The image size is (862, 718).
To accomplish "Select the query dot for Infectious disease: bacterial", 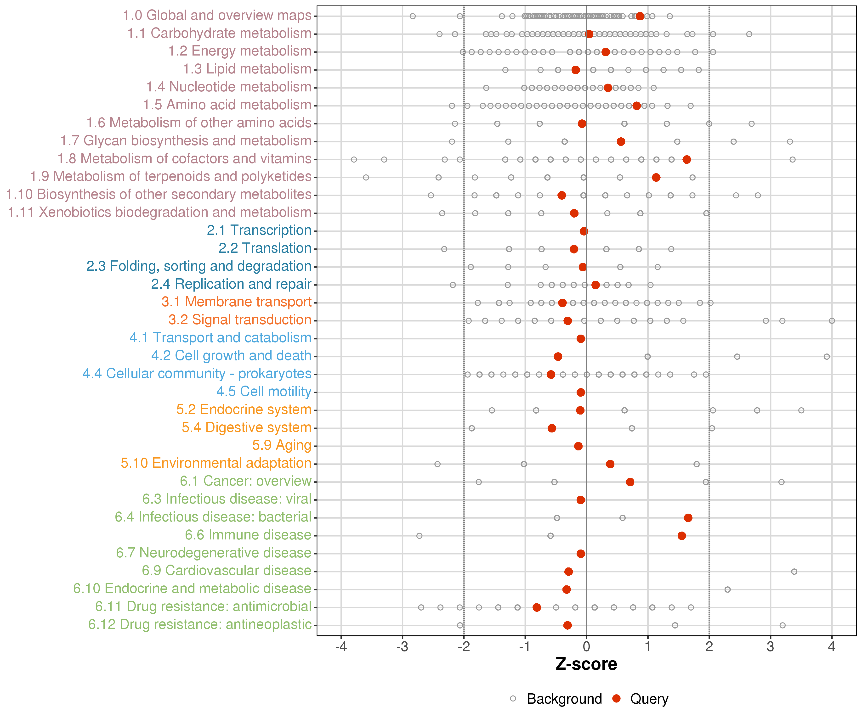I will tap(688, 518).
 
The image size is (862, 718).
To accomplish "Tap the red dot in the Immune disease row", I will tap(682, 536).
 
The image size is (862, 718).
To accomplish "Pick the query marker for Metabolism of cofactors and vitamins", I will tap(686, 160).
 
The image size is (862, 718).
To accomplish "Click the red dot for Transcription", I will tap(584, 231).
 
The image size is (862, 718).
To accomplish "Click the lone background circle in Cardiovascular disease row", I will tap(794, 572).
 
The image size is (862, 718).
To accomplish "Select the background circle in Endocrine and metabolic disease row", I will tap(727, 589).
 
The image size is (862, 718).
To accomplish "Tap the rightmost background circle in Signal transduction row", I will tap(832, 321).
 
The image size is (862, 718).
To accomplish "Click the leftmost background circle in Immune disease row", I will tap(419, 536).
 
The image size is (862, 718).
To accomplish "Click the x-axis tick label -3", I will tap(402, 647).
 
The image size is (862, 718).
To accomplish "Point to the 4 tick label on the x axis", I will tap(832, 647).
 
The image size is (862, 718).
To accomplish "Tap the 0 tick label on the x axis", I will tap(586, 647).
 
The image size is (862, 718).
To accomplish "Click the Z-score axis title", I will tap(586, 664).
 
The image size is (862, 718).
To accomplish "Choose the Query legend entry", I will tap(649, 699).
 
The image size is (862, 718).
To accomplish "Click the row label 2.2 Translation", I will tap(265, 248).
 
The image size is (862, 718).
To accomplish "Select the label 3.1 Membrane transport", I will tap(236, 302).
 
